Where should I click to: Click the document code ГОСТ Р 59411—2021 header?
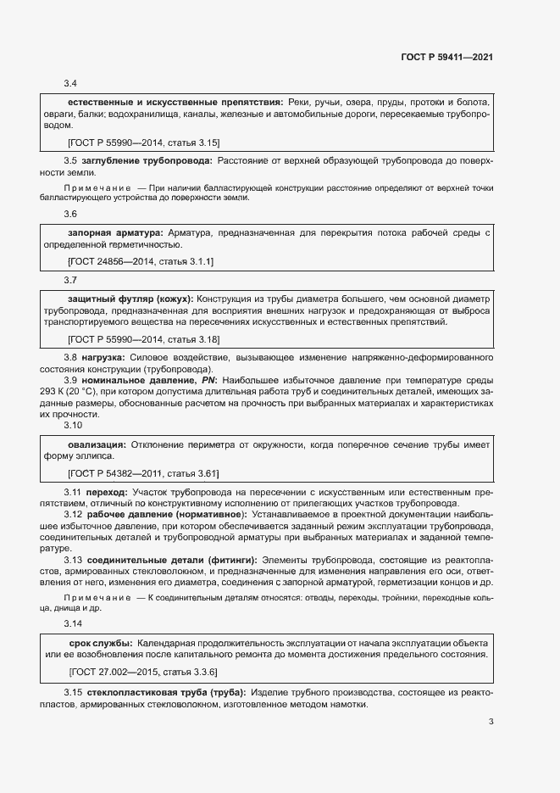point(446,58)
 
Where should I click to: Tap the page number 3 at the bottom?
point(491,722)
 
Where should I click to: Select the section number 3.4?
point(70,83)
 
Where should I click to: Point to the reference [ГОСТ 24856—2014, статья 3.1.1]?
point(141,261)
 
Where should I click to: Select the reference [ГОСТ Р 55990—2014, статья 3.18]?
point(143,339)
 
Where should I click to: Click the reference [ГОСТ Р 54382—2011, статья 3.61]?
point(143,473)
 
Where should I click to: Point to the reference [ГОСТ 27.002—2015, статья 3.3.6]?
point(143,672)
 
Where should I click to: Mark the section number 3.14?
point(73,623)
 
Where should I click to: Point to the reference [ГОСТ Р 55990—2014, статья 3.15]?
point(143,142)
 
